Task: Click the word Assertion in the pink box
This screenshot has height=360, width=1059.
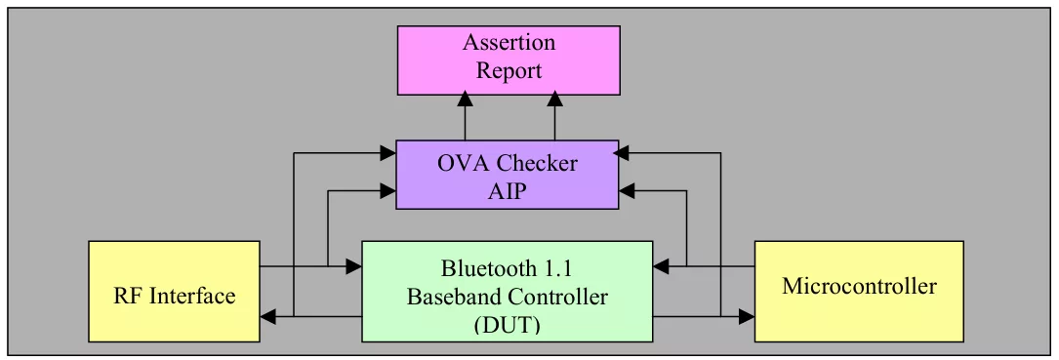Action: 509,43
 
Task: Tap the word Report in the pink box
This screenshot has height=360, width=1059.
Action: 509,71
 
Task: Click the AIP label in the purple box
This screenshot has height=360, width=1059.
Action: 507,192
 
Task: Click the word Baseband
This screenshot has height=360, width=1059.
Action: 453,297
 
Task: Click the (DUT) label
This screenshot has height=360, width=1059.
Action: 507,325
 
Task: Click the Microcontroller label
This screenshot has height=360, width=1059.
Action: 859,287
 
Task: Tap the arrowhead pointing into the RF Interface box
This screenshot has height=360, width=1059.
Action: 268,315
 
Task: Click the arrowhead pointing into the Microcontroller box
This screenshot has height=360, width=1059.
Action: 747,315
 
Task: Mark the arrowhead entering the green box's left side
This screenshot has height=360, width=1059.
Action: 354,266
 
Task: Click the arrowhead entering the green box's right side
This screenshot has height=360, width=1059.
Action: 661,266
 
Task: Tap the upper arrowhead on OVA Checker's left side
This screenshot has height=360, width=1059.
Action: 387,153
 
